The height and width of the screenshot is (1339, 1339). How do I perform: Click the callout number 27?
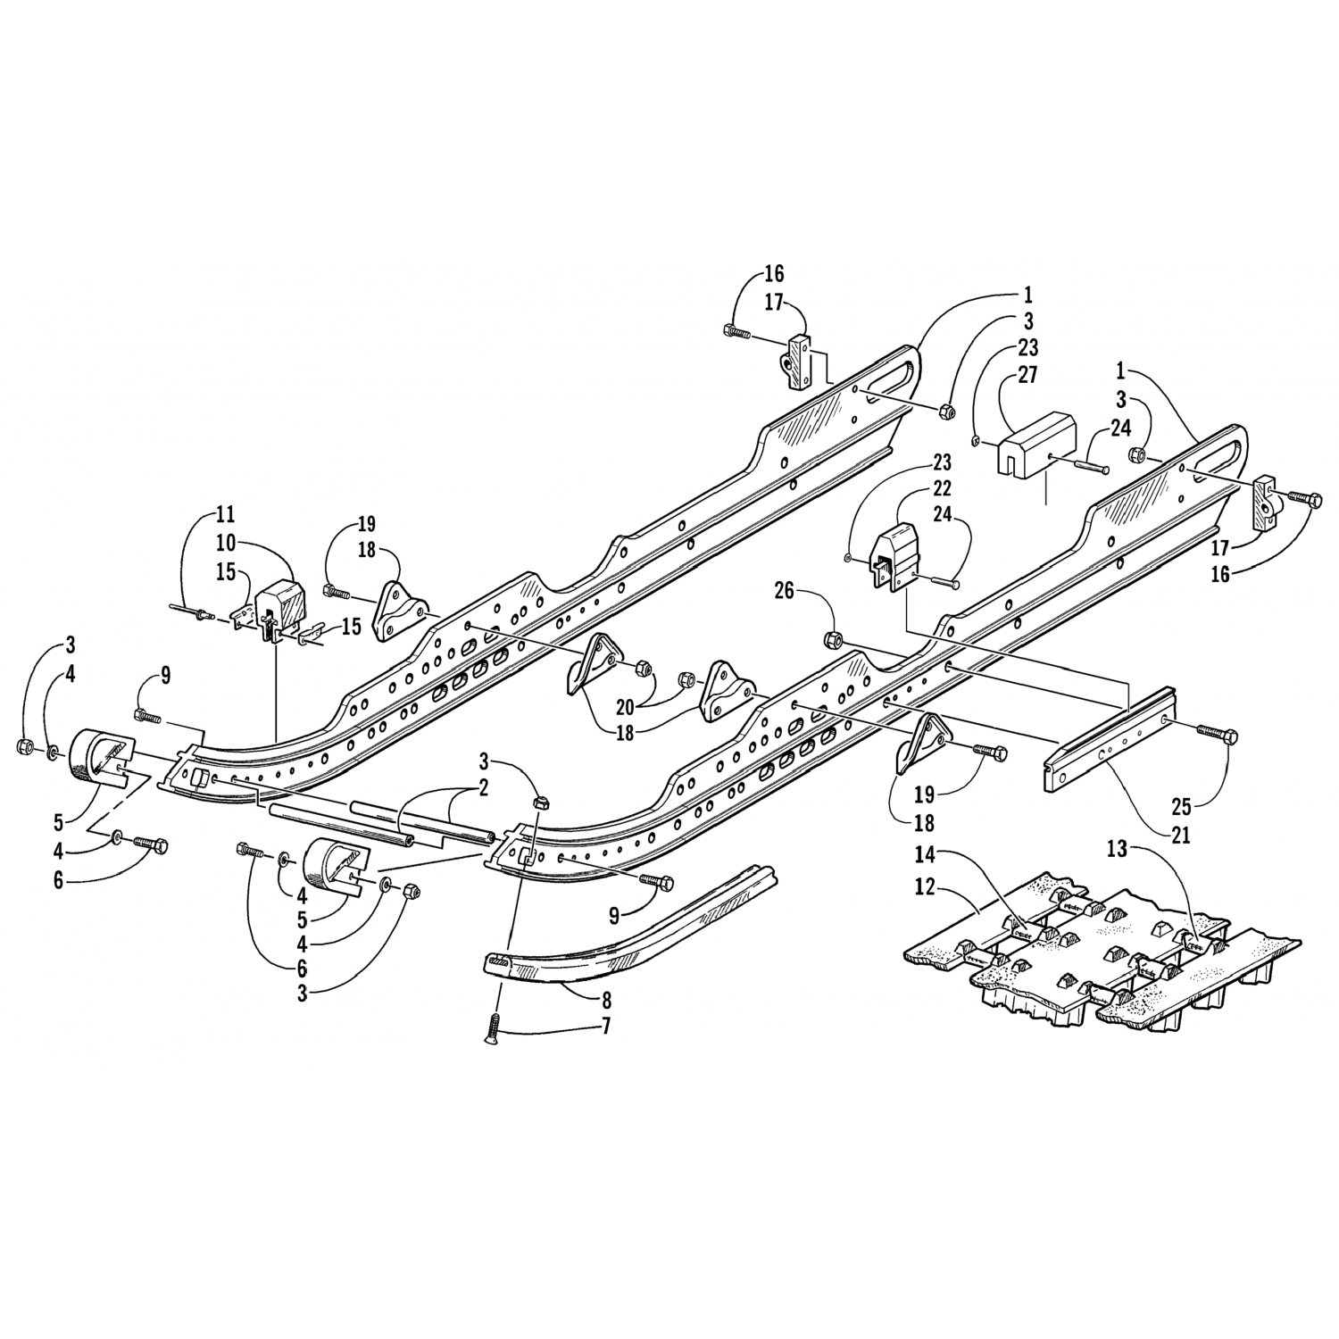(1027, 374)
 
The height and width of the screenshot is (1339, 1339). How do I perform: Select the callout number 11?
(224, 514)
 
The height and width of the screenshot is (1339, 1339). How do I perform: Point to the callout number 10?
(224, 541)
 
